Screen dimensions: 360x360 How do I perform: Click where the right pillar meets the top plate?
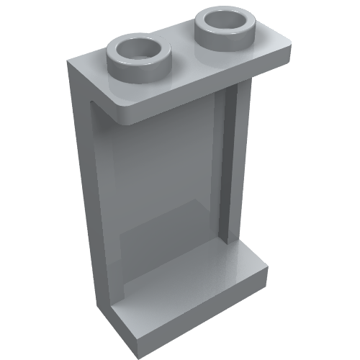click(x=238, y=84)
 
